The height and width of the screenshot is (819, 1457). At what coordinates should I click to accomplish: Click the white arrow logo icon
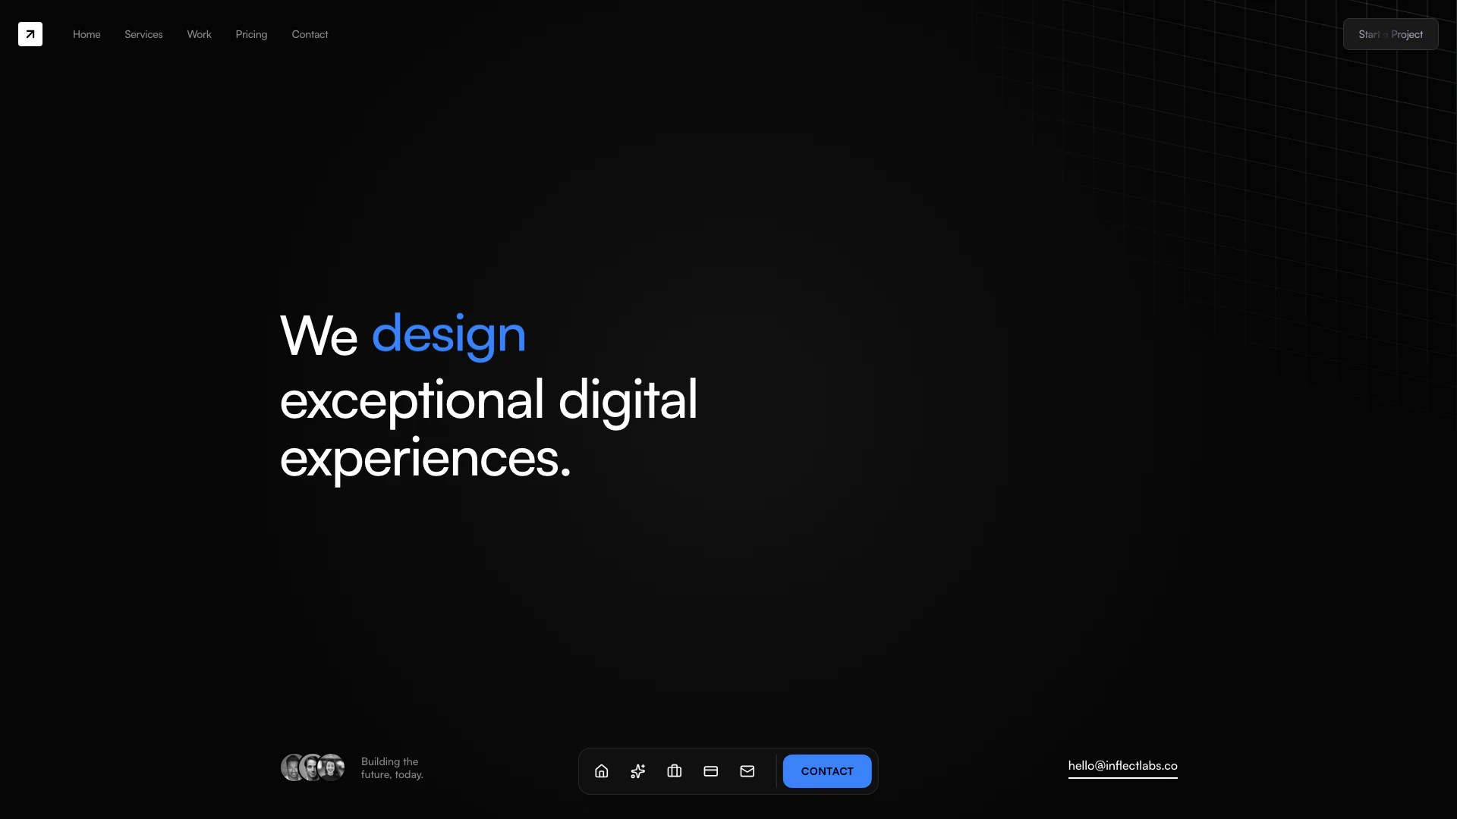point(30,34)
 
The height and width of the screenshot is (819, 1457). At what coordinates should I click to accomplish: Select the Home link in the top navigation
point(87,34)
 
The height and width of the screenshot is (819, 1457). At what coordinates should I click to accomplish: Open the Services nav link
point(143,34)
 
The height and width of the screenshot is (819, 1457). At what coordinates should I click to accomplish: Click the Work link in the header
point(199,34)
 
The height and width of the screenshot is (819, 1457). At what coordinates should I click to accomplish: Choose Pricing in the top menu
point(251,35)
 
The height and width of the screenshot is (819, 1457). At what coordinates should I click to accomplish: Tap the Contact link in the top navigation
point(310,34)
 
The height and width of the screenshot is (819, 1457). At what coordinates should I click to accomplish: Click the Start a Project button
point(1390,34)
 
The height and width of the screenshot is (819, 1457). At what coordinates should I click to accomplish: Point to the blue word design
point(448,335)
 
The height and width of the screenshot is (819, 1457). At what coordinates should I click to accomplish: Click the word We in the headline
point(319,335)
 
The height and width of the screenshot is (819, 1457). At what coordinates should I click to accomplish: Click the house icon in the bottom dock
point(602,771)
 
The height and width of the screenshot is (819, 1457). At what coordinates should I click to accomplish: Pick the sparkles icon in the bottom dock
point(638,771)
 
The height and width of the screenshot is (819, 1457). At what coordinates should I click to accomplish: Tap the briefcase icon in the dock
point(675,771)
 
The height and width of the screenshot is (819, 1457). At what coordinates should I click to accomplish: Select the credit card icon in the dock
point(711,771)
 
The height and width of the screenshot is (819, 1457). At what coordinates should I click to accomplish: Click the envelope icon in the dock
point(747,771)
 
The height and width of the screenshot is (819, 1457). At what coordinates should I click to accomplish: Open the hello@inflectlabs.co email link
point(1123,766)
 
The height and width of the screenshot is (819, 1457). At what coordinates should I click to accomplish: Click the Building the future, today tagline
point(392,768)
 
